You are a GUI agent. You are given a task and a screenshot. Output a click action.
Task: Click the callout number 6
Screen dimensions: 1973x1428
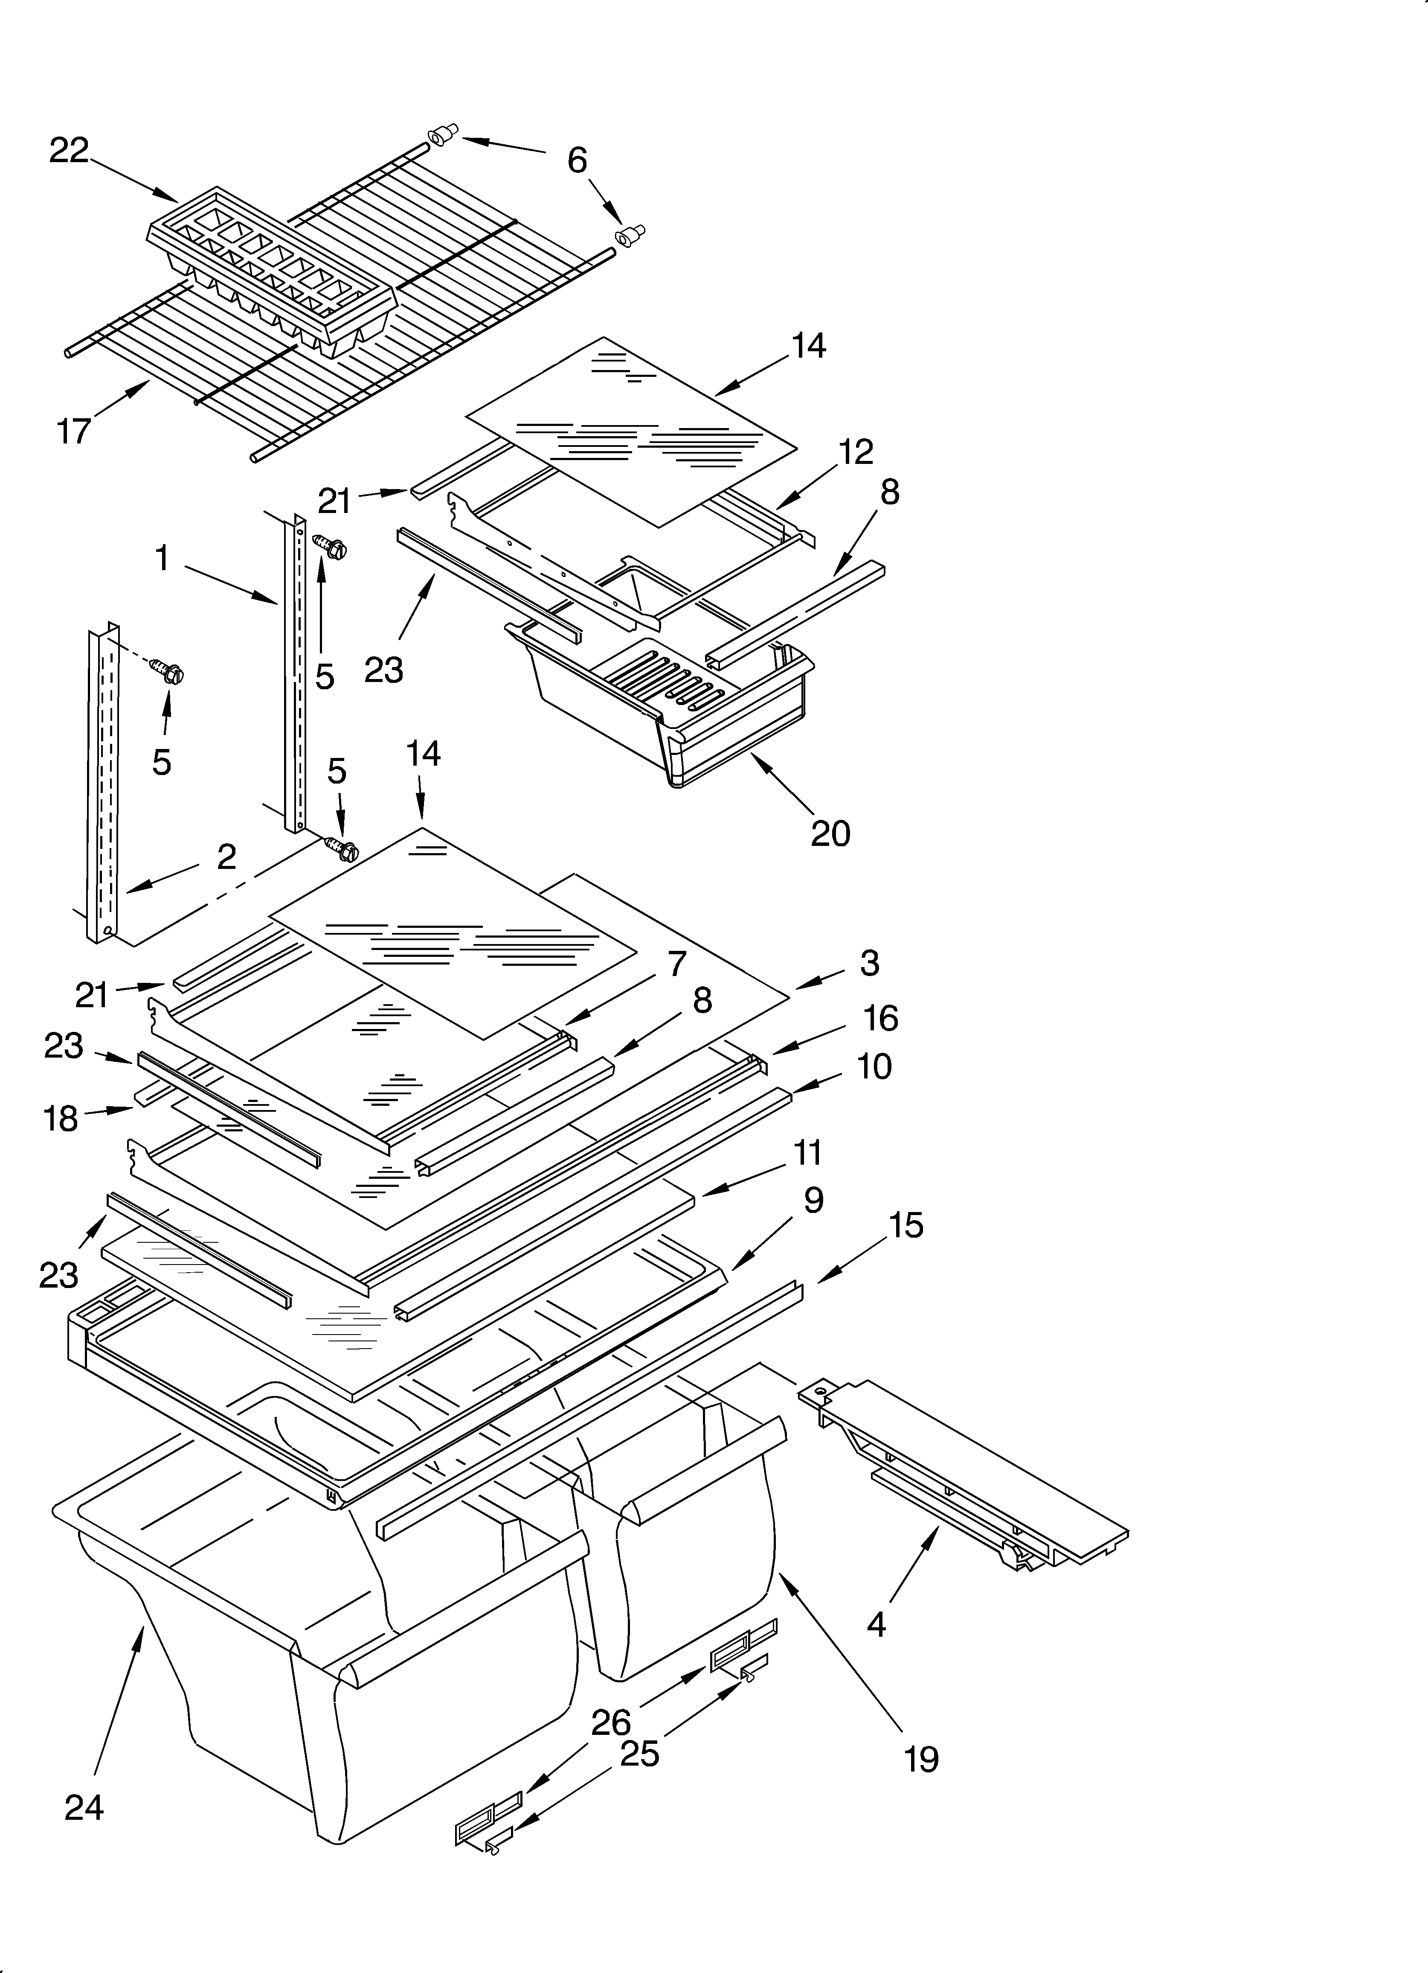pyautogui.click(x=577, y=160)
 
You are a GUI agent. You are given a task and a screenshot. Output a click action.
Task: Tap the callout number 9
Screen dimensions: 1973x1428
pyautogui.click(x=813, y=1201)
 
